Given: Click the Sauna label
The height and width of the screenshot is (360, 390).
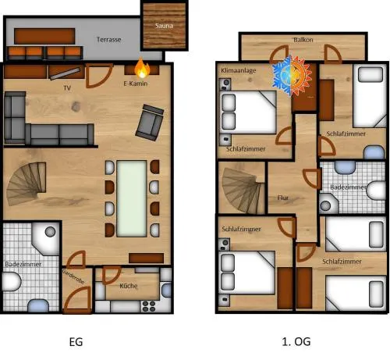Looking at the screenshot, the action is point(164,26).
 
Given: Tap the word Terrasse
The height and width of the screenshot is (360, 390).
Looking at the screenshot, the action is point(109,40).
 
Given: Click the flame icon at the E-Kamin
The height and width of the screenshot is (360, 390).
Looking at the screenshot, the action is point(142,68).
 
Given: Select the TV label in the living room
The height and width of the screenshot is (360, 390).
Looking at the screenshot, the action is point(67,88).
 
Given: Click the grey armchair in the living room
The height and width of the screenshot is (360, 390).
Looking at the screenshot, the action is point(150,123).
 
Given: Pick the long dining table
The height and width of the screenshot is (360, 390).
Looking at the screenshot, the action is point(132,198).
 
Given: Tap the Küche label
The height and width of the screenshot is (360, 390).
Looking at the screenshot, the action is point(129,286).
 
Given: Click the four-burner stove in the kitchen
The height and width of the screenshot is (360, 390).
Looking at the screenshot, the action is point(149,306).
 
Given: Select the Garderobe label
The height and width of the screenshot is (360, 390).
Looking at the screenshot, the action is point(73,277).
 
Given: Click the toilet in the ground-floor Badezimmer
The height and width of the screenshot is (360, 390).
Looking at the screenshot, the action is point(12,282).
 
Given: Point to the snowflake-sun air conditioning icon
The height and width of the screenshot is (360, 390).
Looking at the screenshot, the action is point(292,76).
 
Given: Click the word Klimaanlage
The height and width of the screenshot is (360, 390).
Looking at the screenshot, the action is point(239,70).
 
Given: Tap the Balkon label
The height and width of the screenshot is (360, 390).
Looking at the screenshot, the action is point(303,40).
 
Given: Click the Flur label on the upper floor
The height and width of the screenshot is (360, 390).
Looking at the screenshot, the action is point(283,198).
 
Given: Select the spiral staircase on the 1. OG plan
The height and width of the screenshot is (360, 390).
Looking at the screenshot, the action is point(242,190).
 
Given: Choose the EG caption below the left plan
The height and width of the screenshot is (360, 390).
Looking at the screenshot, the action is point(76,342).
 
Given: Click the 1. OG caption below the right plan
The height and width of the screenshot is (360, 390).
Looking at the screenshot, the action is point(296,341).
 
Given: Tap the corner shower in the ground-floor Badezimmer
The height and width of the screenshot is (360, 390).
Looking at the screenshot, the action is point(46,237).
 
